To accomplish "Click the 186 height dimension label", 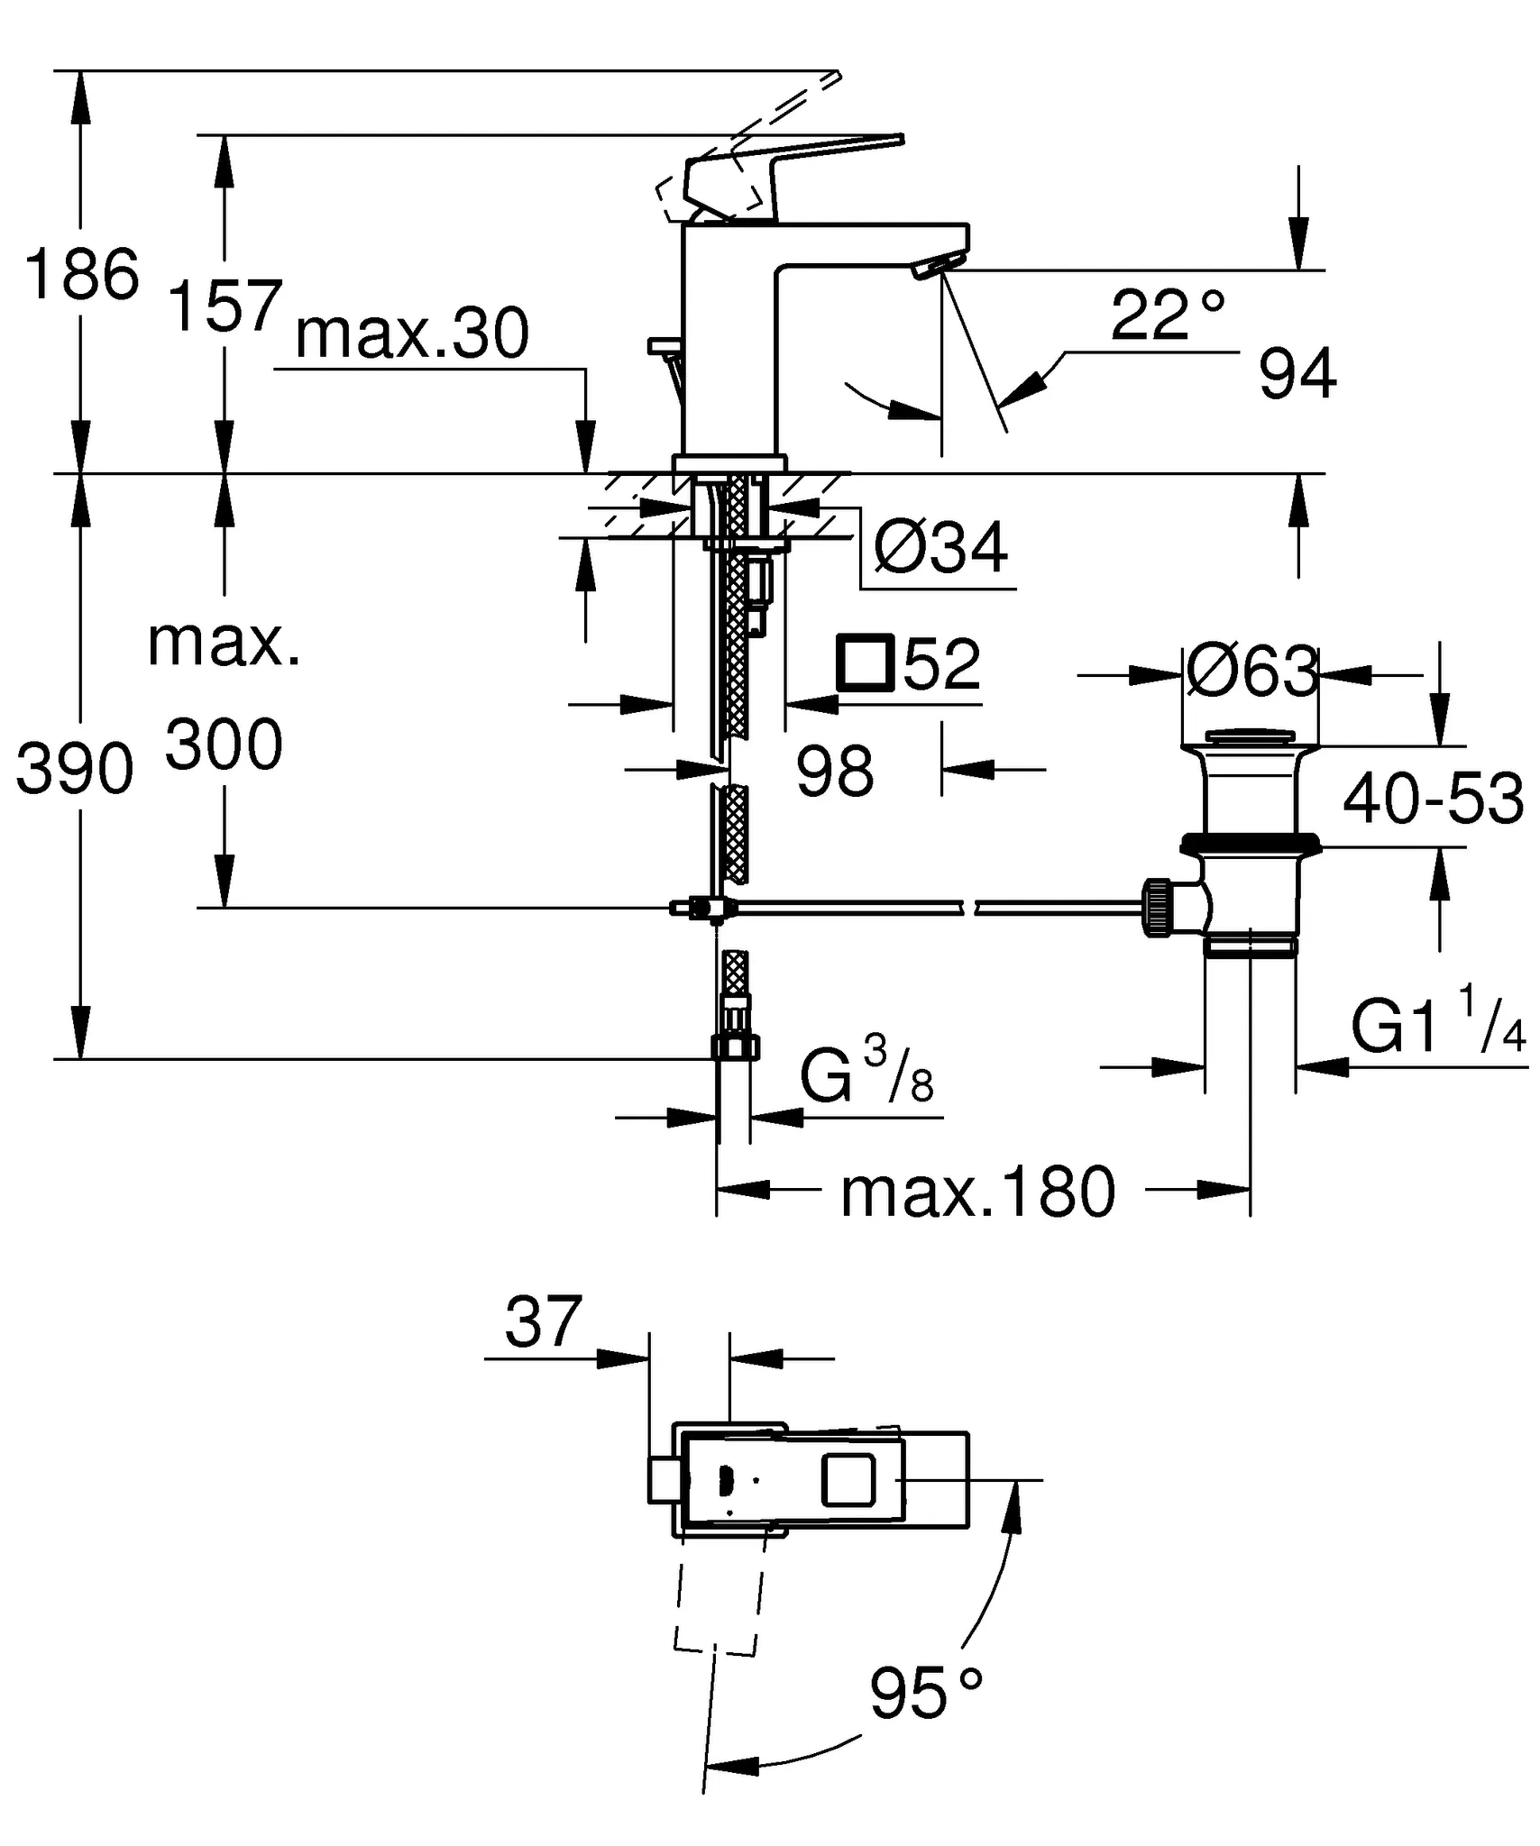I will (82, 274).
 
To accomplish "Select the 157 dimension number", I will (225, 306).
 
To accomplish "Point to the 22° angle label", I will (1167, 315).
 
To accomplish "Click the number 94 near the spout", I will (1297, 376).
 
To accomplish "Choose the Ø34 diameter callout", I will (940, 547).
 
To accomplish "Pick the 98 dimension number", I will (835, 772).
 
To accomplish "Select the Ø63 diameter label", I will (1252, 672).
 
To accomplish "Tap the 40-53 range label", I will (1433, 800).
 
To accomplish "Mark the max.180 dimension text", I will (978, 1193).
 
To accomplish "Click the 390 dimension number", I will (75, 770).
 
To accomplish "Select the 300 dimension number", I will (224, 746).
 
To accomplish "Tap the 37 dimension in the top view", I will (544, 1323).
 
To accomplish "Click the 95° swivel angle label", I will (925, 1694).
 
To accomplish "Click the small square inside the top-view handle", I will (848, 1481).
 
